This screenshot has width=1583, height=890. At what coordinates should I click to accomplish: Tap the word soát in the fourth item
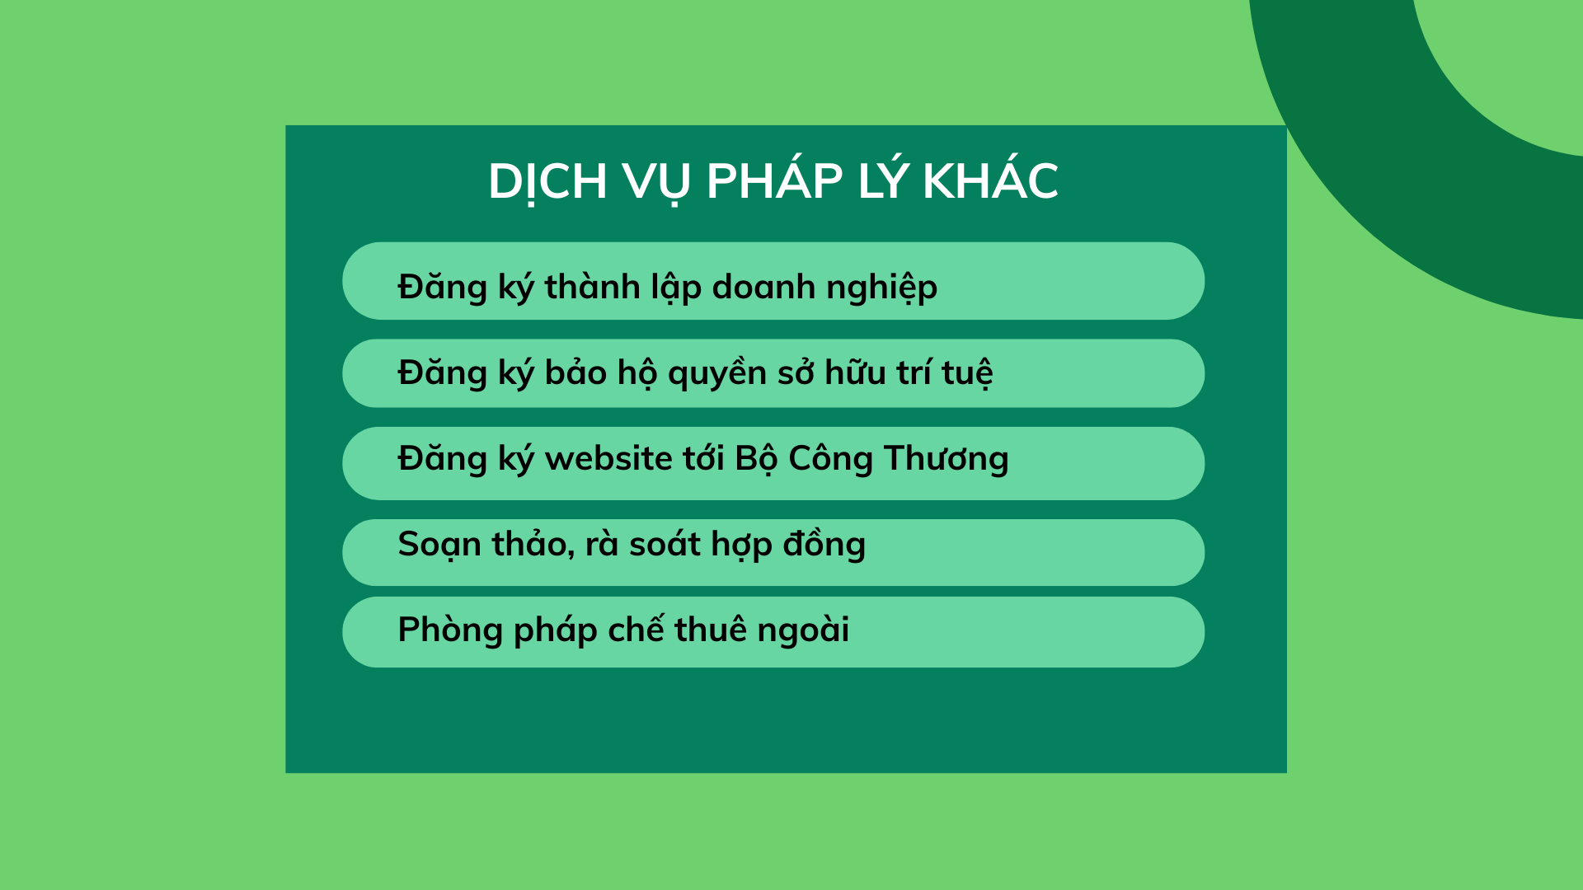click(x=665, y=544)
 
